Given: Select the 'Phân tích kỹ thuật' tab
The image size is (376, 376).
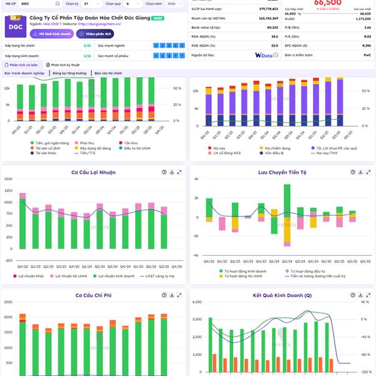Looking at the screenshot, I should [65, 65].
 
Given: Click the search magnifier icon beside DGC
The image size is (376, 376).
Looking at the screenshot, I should [57, 4].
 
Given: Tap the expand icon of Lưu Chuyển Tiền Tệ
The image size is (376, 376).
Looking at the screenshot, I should [365, 172].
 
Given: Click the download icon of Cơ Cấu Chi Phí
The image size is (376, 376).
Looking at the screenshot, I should [170, 295].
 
